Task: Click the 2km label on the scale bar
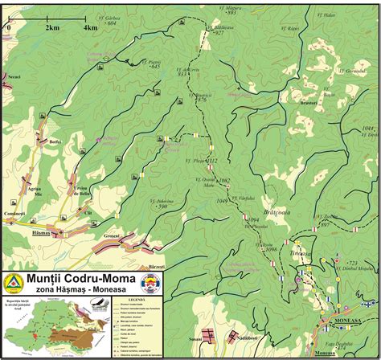click(53, 27)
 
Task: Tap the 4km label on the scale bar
click(91, 27)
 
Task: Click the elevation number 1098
click(271, 249)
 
